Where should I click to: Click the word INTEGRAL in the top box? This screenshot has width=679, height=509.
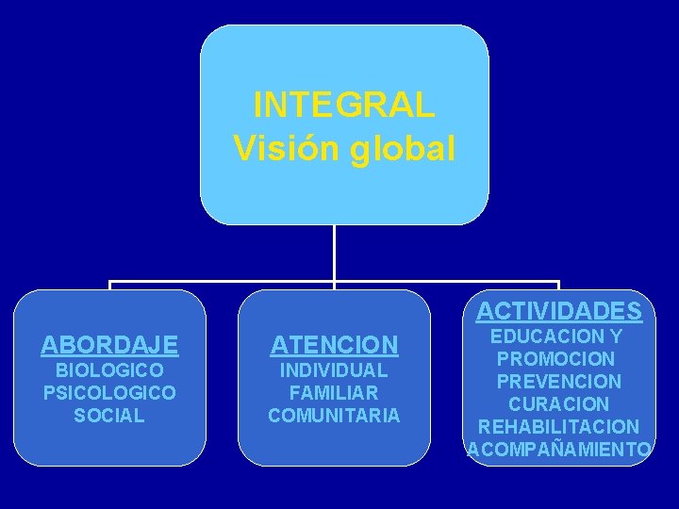coord(344,104)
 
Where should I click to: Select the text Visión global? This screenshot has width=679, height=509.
coord(344,147)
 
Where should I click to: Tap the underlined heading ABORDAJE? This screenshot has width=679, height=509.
coord(109,345)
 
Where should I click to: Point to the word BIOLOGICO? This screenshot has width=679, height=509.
coord(109,370)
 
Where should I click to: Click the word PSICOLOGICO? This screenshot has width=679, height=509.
coord(109,392)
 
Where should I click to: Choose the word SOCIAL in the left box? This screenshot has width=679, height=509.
coord(109,415)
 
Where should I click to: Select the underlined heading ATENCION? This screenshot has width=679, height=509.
coord(334,345)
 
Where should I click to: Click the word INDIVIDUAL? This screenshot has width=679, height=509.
coord(334,370)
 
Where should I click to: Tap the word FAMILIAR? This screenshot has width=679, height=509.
coord(334,392)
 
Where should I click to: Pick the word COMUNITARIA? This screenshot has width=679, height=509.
coord(334,415)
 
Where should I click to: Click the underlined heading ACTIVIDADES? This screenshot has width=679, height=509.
coord(558,311)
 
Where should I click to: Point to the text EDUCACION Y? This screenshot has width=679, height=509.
coord(558,336)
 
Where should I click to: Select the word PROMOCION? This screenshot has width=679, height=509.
coord(558,358)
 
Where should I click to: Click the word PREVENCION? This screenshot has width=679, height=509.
coord(558,382)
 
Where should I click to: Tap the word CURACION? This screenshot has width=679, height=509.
coord(558,404)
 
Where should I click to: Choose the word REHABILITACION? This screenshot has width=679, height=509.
coord(558,427)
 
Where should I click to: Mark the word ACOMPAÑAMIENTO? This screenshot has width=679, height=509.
coord(559,450)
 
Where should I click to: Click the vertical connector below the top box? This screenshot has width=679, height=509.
coord(334,252)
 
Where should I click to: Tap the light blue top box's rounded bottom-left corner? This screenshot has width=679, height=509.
coord(209,214)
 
